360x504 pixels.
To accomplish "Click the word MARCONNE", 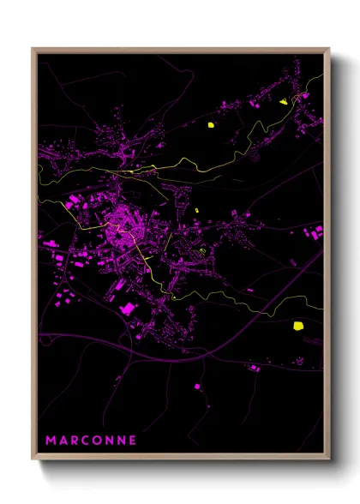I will tap(90, 441).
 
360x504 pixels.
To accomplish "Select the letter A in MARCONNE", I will tap(63, 441).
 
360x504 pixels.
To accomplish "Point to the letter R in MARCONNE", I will tap(75, 441).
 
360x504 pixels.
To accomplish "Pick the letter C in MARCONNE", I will tap(86, 441).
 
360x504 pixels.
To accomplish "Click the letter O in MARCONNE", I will tap(97, 441).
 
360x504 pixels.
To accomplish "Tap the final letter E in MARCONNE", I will tap(132, 441).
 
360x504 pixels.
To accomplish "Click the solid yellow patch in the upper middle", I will tap(210, 125).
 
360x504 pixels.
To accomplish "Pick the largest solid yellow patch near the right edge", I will tap(298, 325).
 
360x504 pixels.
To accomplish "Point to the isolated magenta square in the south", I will tap(198, 387).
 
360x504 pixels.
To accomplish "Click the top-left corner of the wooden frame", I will tap(33, 49).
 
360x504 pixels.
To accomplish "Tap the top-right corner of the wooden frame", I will tap(329, 49).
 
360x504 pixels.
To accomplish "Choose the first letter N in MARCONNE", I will tap(109, 441).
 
